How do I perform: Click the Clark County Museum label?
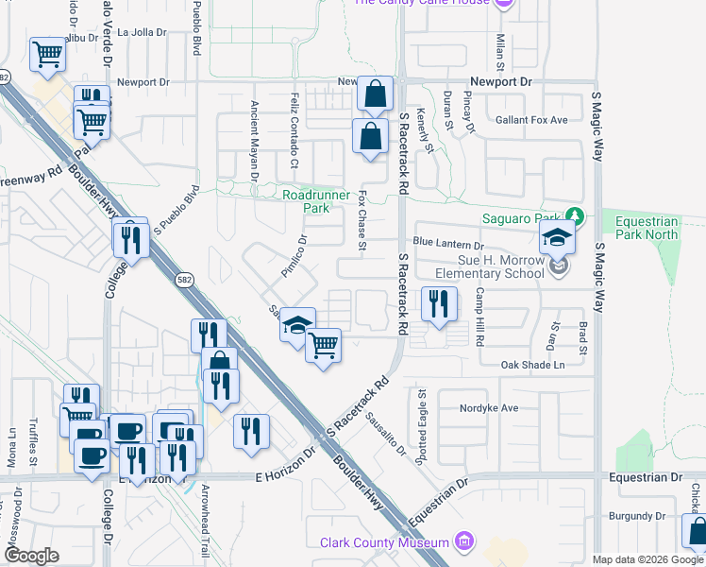coord(383,542)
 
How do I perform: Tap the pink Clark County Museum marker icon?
coord(463,542)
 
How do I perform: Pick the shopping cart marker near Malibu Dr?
coord(47,54)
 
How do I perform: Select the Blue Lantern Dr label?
coord(447,244)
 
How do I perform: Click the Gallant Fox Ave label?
coord(531,120)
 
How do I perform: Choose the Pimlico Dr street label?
coord(294,256)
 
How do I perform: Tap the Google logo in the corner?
coord(31,555)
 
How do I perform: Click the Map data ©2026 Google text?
coord(647,559)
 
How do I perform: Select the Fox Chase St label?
coord(361,220)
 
